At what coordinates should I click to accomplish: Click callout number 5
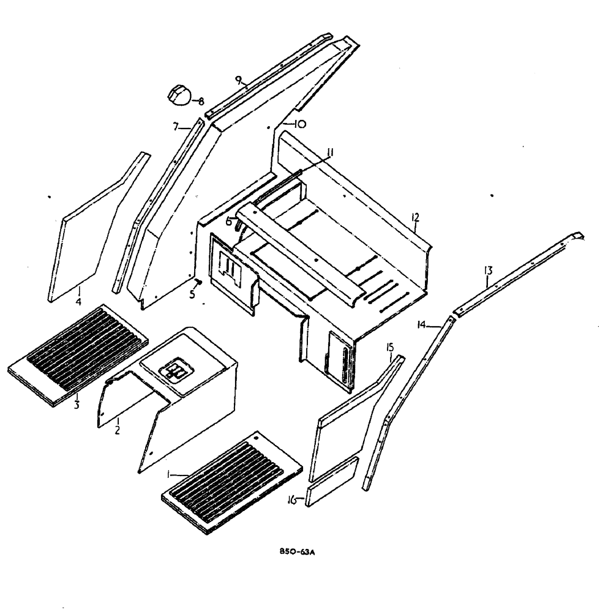[192, 294]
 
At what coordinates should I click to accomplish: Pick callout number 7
[175, 127]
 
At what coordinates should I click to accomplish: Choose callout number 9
[239, 80]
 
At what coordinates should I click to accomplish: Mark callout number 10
[300, 124]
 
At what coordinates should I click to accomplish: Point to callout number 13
[487, 270]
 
